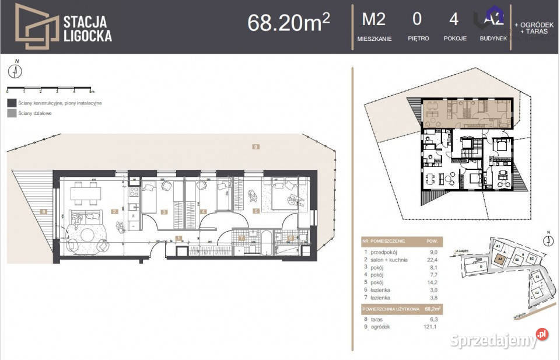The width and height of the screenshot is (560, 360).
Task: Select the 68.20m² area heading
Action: click(289, 22)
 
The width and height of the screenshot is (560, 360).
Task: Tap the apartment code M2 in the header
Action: click(374, 20)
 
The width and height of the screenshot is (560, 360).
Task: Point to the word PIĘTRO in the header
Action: click(418, 39)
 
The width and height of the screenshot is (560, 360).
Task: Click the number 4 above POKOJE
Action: click(453, 20)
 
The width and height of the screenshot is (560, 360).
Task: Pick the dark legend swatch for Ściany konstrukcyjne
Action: click(11, 103)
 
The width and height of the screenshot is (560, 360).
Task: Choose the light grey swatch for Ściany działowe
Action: click(11, 113)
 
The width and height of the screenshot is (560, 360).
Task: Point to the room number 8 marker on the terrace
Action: click(43, 211)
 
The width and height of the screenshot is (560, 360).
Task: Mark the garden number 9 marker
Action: click(255, 147)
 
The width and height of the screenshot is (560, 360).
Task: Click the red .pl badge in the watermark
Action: click(542, 334)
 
